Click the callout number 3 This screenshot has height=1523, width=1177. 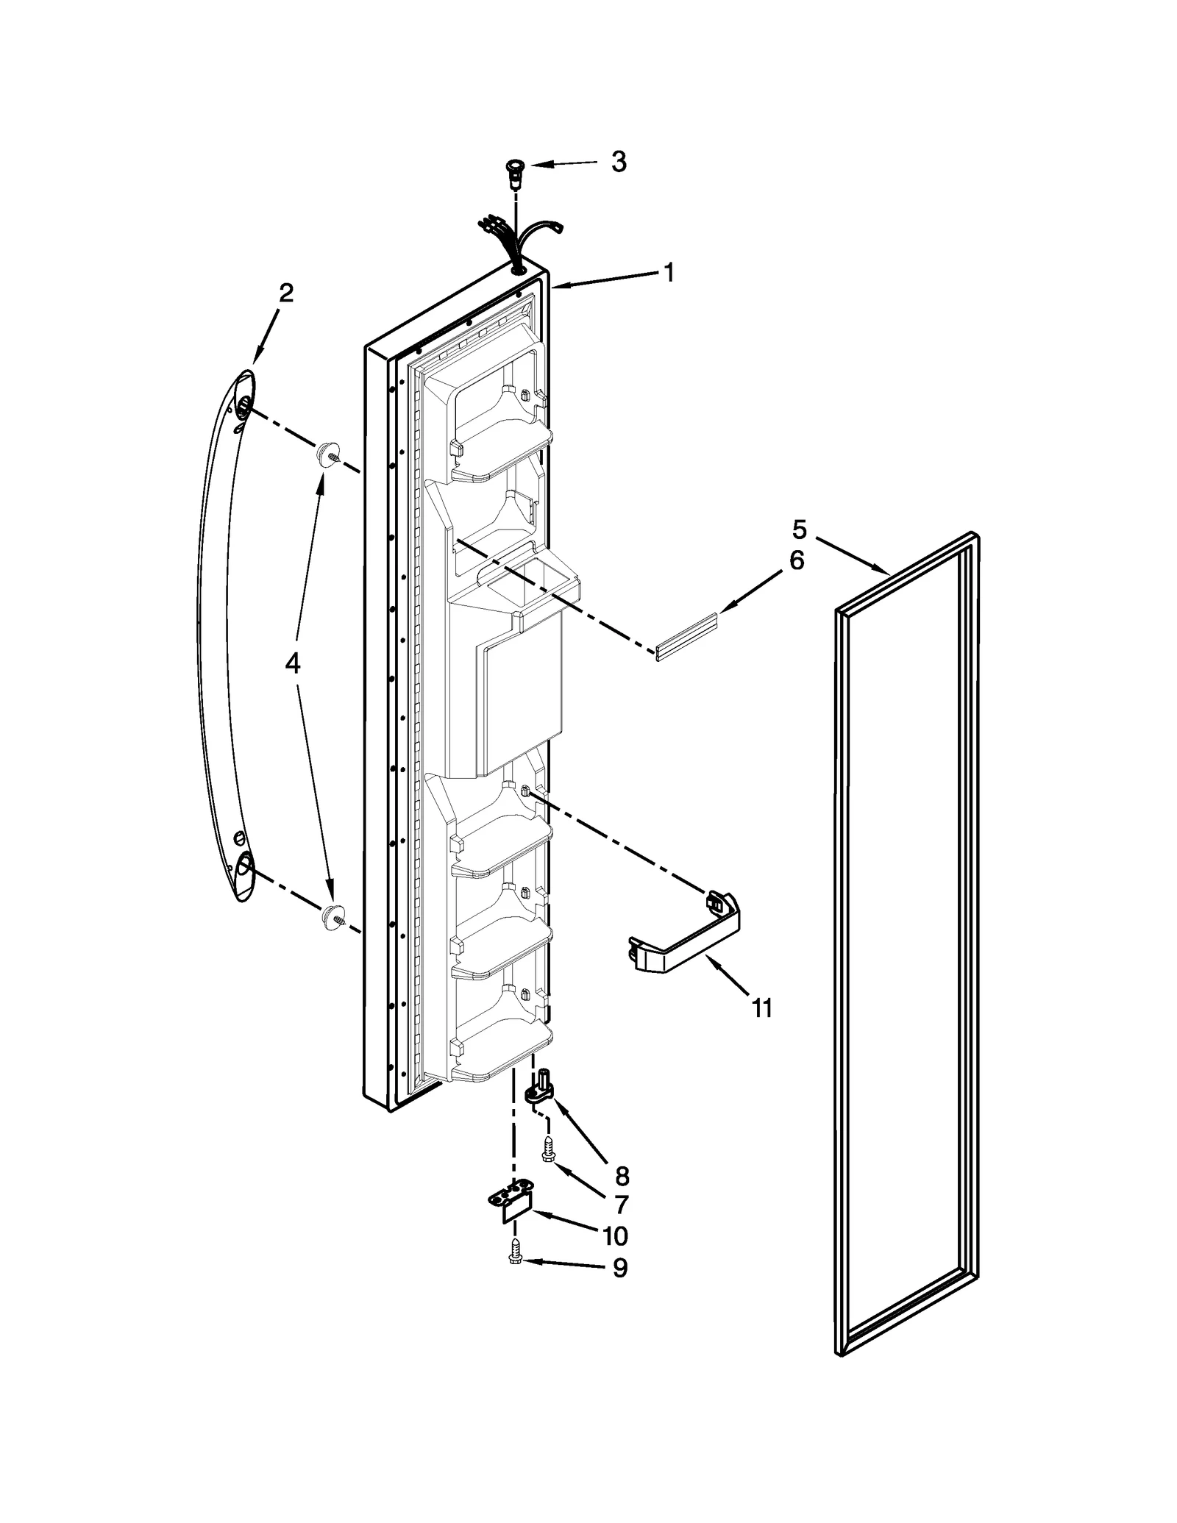coord(619,162)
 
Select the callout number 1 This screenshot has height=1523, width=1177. coord(668,274)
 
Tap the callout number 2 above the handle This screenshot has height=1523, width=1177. coord(286,293)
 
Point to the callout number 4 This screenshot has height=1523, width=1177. coord(292,664)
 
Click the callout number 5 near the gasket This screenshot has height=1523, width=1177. coord(800,529)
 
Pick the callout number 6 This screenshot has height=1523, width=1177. coord(797,561)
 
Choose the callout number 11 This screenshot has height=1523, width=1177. coord(763,1008)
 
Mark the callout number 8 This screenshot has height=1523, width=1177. coord(622,1177)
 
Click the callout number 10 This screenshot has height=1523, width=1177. coord(615,1236)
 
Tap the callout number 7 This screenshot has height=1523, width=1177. coord(622,1205)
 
